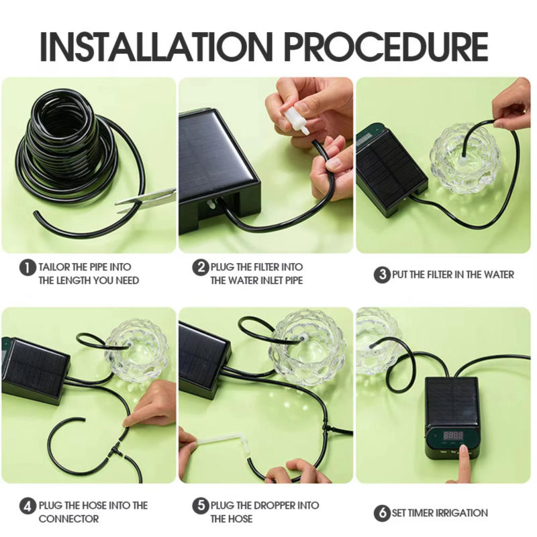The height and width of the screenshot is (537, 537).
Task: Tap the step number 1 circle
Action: click(28, 267)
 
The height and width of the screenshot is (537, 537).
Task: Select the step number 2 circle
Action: click(201, 267)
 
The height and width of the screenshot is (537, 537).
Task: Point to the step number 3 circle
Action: click(382, 275)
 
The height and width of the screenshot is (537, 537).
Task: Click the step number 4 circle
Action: click(28, 505)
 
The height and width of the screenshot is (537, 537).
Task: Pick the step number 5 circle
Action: click(201, 505)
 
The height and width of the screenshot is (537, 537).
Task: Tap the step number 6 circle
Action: click(382, 513)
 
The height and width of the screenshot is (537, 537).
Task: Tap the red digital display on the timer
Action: click(453, 434)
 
